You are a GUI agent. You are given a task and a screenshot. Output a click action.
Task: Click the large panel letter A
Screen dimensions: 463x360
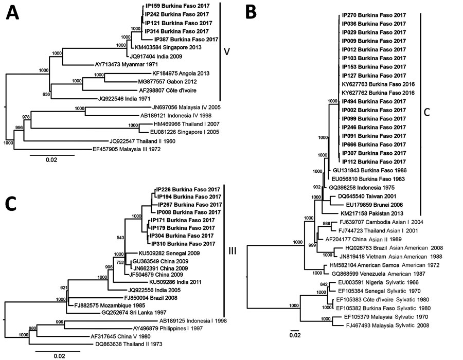12,13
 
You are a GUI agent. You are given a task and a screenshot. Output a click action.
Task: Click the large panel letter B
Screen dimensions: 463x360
251,12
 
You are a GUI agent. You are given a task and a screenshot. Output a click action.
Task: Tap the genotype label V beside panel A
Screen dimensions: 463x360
226,51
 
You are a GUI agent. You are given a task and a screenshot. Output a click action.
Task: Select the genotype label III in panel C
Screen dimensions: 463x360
233,251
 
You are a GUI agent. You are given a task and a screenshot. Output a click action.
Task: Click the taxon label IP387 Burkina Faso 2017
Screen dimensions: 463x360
186,39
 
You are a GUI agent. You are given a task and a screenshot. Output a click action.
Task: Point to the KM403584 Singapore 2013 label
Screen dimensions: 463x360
168,47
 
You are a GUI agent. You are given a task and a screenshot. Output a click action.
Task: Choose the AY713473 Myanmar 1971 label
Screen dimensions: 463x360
126,64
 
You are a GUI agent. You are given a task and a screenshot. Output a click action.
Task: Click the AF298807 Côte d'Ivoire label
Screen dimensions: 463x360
167,91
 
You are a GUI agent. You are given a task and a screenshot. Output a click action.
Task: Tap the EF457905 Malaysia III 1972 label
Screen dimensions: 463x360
127,149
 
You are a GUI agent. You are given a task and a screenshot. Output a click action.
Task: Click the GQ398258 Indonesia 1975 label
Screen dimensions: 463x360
362,187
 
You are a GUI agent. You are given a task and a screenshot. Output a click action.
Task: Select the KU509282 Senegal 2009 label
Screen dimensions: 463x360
169,253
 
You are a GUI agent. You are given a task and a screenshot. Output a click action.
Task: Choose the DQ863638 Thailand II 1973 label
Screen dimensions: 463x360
129,344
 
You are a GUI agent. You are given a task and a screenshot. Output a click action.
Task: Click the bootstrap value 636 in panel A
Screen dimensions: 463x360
46,95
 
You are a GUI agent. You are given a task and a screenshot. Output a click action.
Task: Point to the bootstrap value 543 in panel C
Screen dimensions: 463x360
120,238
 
